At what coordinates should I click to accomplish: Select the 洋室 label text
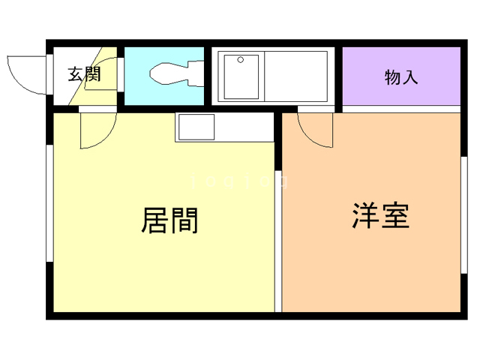(x=380, y=216)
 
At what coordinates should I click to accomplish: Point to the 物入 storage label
(x=400, y=76)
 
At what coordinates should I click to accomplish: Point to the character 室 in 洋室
(x=395, y=216)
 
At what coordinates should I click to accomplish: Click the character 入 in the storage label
(x=410, y=76)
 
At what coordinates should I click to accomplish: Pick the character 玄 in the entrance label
(x=75, y=75)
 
